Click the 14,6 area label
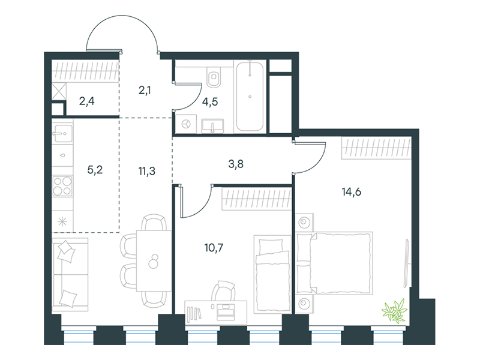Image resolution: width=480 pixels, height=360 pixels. (352, 192)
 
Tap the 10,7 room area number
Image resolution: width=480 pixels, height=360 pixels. (214, 247)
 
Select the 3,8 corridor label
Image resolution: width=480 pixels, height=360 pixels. (236, 164)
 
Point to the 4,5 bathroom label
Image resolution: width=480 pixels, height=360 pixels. (210, 101)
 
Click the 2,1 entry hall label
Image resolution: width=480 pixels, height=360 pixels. (145, 91)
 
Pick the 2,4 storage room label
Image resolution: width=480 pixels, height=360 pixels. (86, 101)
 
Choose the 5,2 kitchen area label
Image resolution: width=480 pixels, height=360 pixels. (95, 170)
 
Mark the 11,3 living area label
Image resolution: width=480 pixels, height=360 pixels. (146, 171)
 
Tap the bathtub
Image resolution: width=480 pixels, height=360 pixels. (250, 96)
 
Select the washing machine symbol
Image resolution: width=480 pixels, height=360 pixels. (187, 124)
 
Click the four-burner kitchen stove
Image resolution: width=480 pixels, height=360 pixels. (62, 186)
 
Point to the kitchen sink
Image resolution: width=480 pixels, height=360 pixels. (62, 133)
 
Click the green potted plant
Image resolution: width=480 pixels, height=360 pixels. (395, 311)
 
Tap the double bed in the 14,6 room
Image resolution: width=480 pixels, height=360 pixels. (335, 263)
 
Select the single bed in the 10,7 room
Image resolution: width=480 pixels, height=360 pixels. (272, 274)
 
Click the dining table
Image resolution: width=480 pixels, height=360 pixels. (154, 260)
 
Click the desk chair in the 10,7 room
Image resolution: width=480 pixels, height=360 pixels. (223, 291)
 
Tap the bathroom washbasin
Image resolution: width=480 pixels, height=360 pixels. (212, 126)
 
